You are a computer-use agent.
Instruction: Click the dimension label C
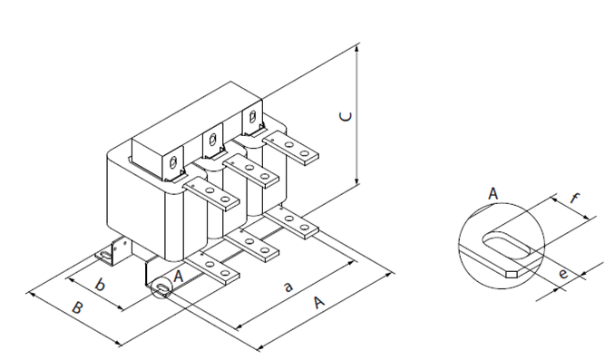click(x=346, y=116)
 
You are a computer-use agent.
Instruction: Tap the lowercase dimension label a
click(x=288, y=287)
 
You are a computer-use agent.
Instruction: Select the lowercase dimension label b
click(x=100, y=285)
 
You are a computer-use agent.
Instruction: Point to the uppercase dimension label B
click(x=77, y=307)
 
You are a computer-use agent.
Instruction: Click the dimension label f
click(x=574, y=198)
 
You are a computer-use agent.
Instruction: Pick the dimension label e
click(x=562, y=273)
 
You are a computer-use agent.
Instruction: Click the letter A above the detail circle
click(x=493, y=194)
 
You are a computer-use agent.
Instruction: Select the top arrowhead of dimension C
click(x=356, y=48)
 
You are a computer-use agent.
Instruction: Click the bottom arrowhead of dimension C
click(x=356, y=180)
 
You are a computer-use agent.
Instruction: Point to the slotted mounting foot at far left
click(x=106, y=256)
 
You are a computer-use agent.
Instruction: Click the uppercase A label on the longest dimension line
click(x=319, y=302)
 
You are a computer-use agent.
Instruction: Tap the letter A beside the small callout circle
click(x=179, y=277)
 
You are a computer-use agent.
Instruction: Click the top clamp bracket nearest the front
click(x=174, y=163)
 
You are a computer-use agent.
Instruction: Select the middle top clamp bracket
click(x=214, y=141)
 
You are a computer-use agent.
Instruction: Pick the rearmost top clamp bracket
click(x=253, y=118)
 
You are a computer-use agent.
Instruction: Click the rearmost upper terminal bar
click(x=290, y=148)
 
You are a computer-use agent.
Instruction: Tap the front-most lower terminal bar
click(x=211, y=270)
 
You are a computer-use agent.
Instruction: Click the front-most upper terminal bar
click(x=211, y=194)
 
